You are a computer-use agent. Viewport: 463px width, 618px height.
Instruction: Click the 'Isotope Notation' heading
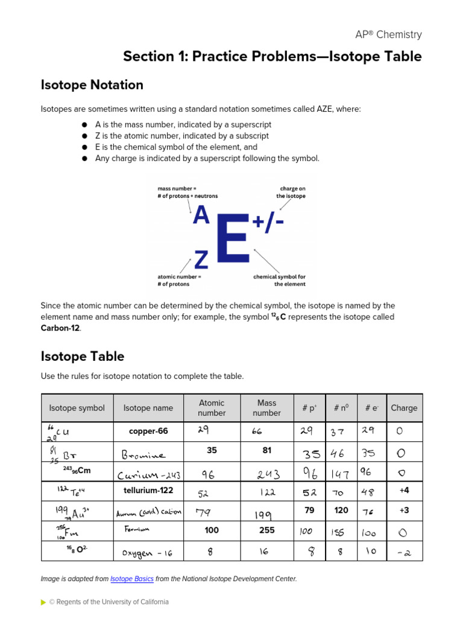click(x=92, y=85)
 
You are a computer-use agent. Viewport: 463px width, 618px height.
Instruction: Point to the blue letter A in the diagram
click(x=201, y=215)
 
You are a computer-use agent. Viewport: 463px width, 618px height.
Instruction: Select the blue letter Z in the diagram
click(x=201, y=260)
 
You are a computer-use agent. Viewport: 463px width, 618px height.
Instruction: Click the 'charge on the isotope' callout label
click(x=292, y=192)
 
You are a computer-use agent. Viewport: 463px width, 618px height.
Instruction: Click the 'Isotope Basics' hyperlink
click(x=132, y=579)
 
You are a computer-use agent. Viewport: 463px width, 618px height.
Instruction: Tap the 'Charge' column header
click(x=404, y=408)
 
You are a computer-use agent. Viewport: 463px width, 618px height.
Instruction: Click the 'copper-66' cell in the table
click(x=148, y=431)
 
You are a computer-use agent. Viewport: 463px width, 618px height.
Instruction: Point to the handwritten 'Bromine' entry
click(x=143, y=453)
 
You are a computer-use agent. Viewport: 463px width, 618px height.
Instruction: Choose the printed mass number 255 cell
click(x=266, y=530)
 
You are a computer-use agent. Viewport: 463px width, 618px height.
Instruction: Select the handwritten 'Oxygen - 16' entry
click(x=148, y=552)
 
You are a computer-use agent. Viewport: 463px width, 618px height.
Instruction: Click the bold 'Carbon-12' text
click(x=60, y=328)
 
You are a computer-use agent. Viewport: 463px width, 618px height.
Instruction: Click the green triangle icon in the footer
click(x=43, y=602)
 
